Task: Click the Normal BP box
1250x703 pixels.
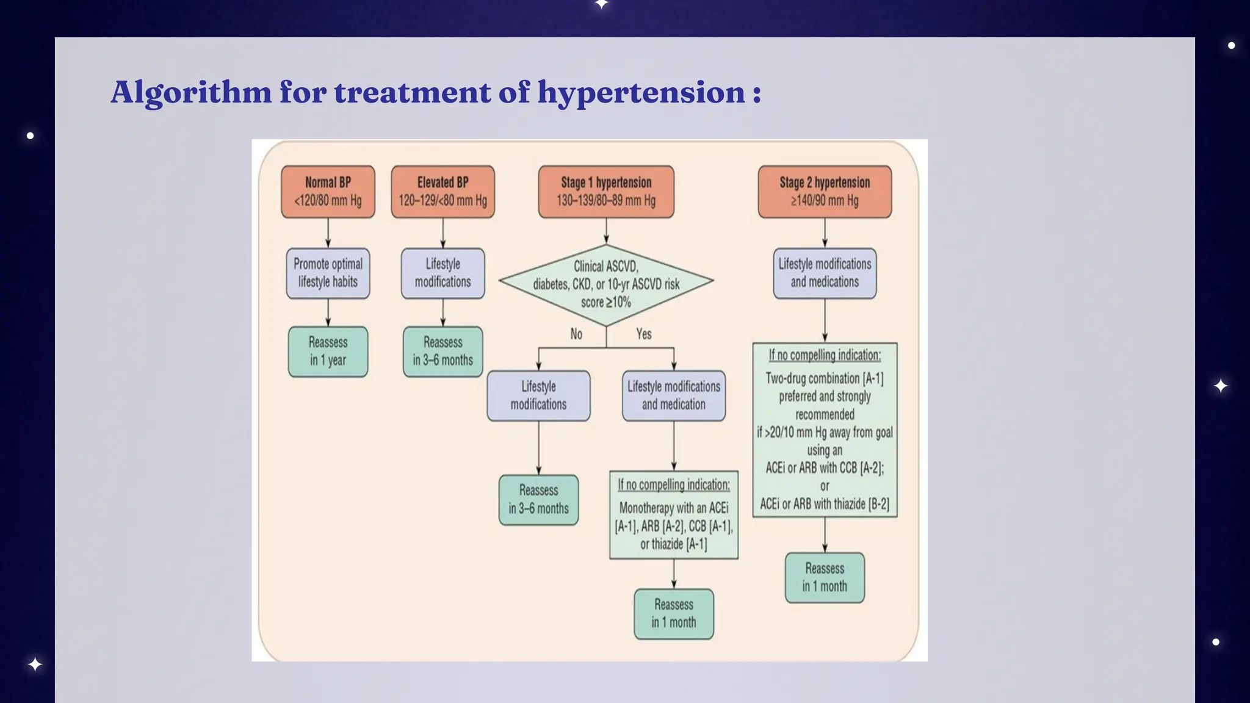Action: [328, 191]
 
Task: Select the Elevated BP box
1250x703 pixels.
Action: [443, 191]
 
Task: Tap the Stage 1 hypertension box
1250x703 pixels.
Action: [606, 191]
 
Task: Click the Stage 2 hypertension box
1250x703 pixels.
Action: [825, 191]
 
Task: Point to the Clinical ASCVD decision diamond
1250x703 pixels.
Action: [606, 284]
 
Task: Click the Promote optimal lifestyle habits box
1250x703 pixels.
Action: [328, 273]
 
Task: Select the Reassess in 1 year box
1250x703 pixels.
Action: [328, 351]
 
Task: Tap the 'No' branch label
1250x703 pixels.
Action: [576, 334]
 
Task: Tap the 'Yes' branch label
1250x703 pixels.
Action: [644, 334]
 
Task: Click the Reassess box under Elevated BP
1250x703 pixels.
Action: [443, 351]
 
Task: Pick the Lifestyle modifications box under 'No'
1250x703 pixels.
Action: [538, 395]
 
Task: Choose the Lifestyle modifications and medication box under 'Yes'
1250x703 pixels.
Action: [674, 395]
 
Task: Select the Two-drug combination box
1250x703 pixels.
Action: [825, 430]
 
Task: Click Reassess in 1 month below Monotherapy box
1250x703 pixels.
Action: [674, 614]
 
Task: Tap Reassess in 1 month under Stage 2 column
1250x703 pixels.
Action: [825, 577]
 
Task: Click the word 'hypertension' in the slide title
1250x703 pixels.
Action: [641, 93]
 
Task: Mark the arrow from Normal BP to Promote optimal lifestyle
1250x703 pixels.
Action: [328, 233]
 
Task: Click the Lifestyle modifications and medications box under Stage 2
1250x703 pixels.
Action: [825, 273]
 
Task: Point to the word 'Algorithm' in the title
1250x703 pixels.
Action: [191, 93]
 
